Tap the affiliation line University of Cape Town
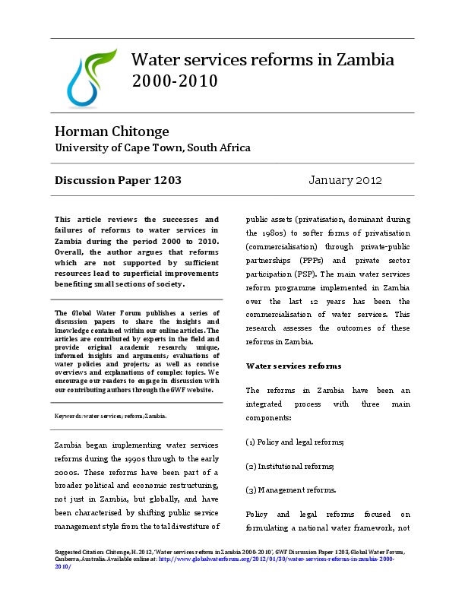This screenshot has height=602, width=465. pyautogui.click(x=152, y=147)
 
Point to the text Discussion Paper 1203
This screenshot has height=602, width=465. pyautogui.click(x=118, y=181)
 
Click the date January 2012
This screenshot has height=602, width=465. pyautogui.click(x=346, y=181)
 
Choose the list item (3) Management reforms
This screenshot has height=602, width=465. pyautogui.click(x=289, y=490)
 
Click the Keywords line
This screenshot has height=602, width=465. pyautogui.click(x=110, y=417)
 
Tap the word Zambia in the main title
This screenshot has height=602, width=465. pyautogui.click(x=358, y=60)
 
